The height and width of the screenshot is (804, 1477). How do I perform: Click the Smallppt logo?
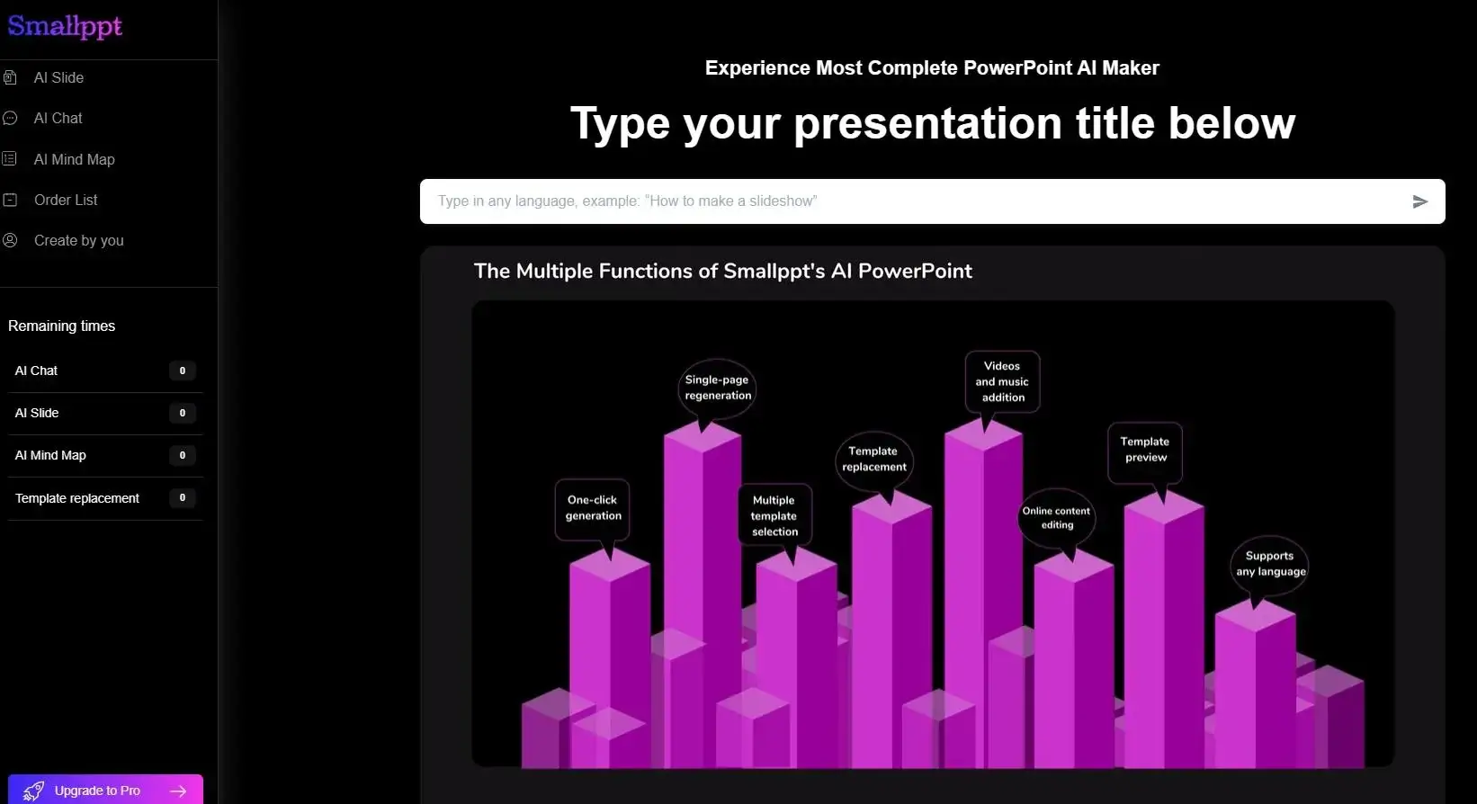click(x=65, y=27)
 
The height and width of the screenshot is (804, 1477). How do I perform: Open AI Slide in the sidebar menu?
click(x=58, y=78)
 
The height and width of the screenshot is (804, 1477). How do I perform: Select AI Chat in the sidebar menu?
click(x=58, y=119)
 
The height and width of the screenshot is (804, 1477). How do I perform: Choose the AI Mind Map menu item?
click(x=74, y=160)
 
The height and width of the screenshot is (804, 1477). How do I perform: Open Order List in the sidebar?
click(x=66, y=201)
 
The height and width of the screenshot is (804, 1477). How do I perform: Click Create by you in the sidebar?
click(x=78, y=241)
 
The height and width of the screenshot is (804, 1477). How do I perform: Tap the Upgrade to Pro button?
click(x=105, y=790)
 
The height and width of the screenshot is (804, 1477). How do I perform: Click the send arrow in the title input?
click(x=1419, y=201)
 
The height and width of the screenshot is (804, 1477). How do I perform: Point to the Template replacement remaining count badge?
click(x=182, y=497)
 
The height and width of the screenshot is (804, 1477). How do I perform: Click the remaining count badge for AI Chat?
click(x=182, y=371)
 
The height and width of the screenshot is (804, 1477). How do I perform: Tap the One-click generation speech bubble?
click(x=593, y=509)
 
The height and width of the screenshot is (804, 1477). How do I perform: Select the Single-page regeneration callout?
click(x=717, y=388)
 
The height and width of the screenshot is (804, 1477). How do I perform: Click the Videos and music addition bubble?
click(x=1002, y=382)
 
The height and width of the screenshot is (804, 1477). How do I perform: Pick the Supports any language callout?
click(x=1269, y=564)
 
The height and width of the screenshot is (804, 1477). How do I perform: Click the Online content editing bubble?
click(x=1057, y=518)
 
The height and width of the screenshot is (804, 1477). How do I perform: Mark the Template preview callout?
click(x=1144, y=450)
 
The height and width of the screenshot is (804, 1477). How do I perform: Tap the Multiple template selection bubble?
click(x=774, y=516)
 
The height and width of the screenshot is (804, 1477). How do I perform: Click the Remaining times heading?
click(x=61, y=326)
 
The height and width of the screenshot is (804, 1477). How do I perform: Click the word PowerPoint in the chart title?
click(x=914, y=272)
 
